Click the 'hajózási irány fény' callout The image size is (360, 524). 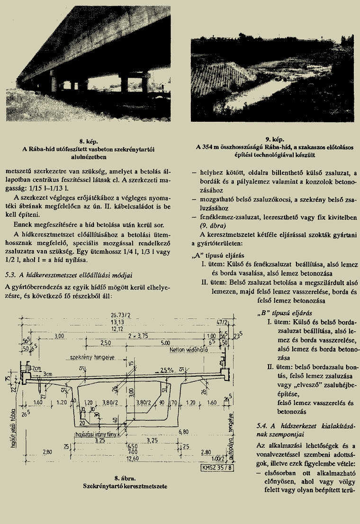tap(98, 434)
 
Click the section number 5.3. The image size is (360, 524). tap(10, 275)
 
